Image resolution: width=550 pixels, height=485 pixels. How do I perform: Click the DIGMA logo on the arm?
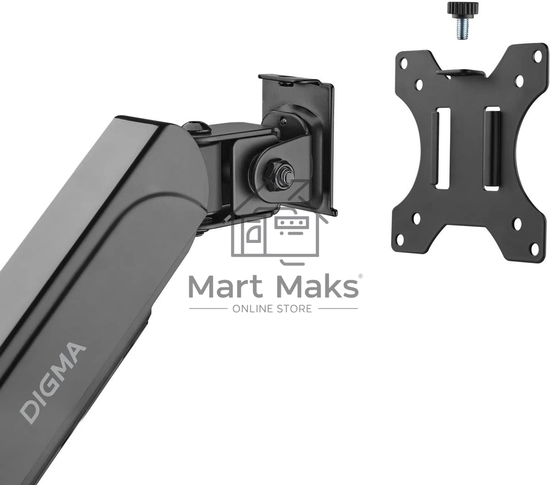click(53, 383)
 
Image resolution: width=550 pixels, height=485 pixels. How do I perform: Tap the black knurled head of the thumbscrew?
click(463, 8)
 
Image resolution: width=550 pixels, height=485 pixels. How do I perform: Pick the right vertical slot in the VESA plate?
click(492, 149)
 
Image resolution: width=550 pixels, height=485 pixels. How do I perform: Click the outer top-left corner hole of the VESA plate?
click(404, 64)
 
